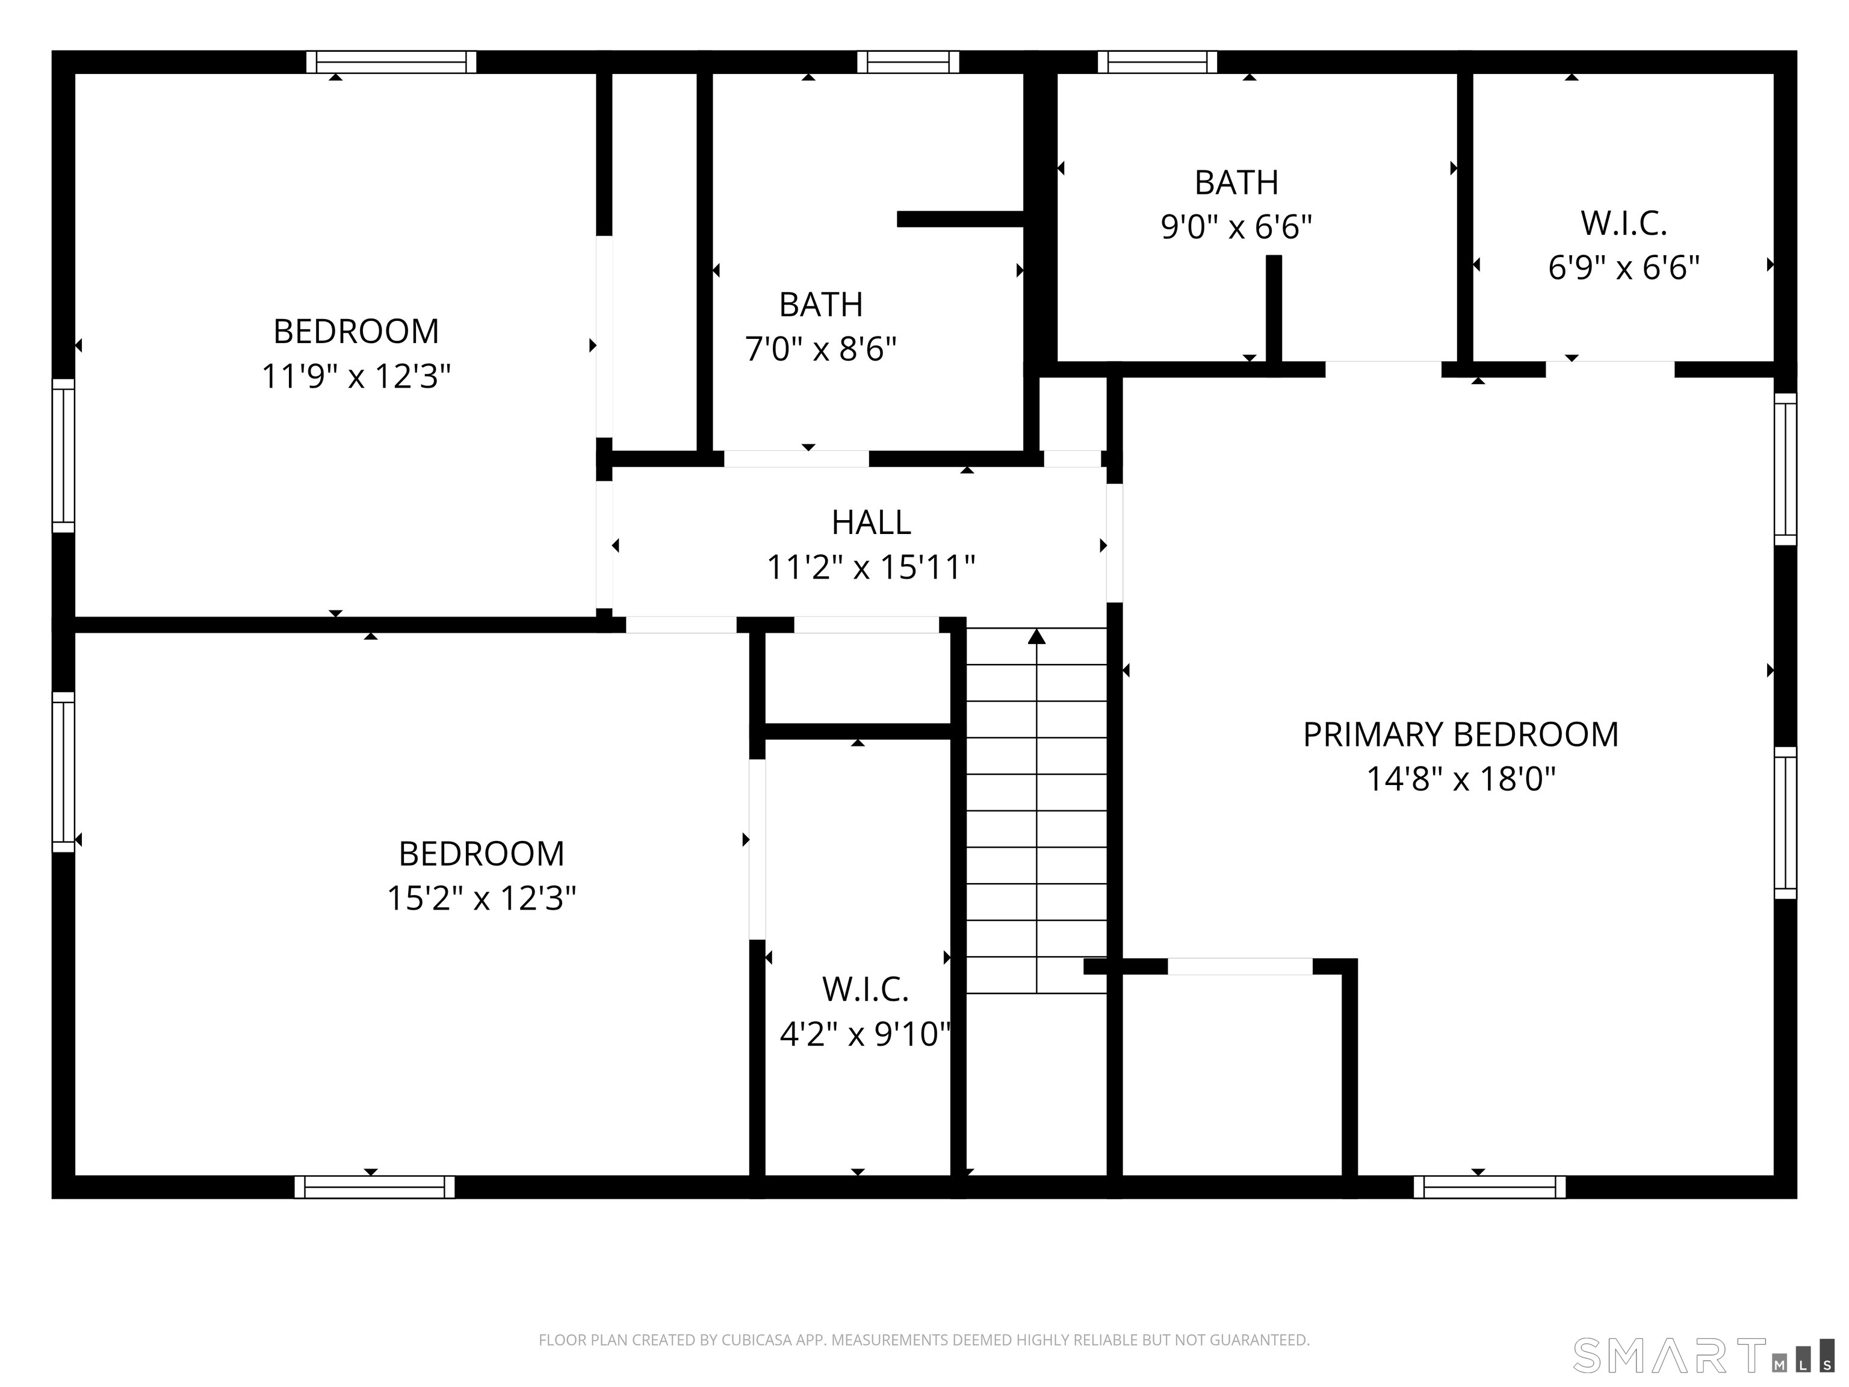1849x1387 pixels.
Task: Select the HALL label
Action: (x=870, y=523)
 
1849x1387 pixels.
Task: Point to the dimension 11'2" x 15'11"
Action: (x=870, y=568)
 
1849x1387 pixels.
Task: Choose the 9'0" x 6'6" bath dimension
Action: (x=1236, y=226)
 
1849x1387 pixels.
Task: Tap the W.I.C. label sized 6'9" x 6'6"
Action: (x=1623, y=224)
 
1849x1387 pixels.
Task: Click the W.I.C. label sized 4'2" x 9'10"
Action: (x=864, y=990)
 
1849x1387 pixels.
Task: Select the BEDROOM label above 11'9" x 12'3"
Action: (x=356, y=332)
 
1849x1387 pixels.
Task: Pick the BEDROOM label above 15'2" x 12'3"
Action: (x=482, y=854)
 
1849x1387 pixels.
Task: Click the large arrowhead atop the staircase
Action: (x=1036, y=637)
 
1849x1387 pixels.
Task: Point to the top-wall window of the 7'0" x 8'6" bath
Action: (x=908, y=62)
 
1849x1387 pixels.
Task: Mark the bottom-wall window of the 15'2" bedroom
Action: (x=374, y=1187)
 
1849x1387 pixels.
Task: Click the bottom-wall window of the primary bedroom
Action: (x=1490, y=1187)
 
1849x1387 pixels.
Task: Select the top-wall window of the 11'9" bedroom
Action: (x=391, y=62)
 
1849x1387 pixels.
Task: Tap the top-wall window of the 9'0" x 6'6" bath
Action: (x=1157, y=62)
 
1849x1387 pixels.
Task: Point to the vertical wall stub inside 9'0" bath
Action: (x=1273, y=309)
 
